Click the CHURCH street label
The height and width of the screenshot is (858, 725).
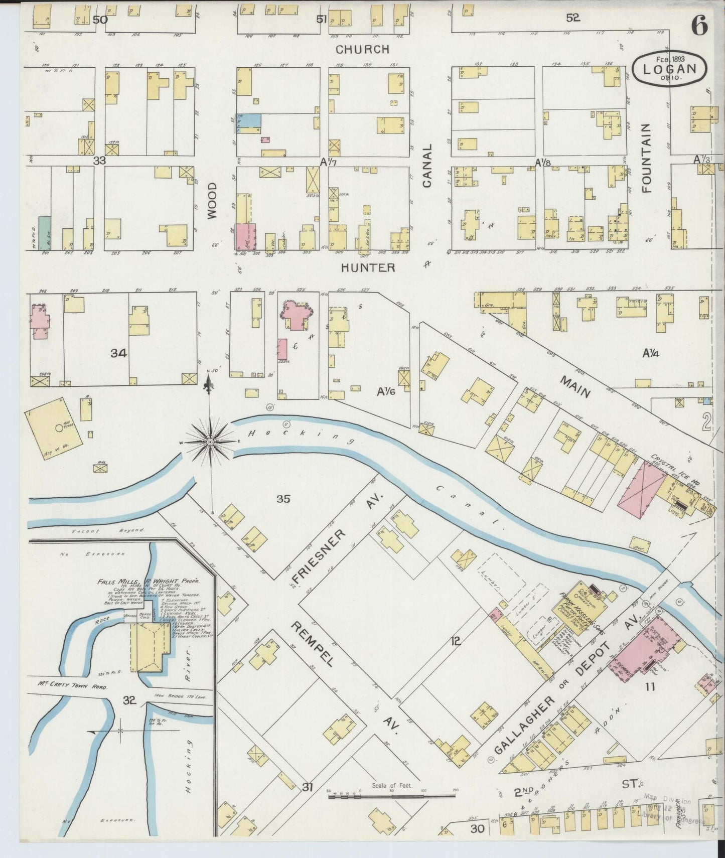[x=362, y=49]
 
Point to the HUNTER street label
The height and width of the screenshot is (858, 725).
[x=368, y=268]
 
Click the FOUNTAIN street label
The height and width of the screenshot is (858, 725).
[x=646, y=158]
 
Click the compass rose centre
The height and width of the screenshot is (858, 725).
[x=210, y=442]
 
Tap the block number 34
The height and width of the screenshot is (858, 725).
[x=119, y=353]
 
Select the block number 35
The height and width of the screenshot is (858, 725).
[x=283, y=498]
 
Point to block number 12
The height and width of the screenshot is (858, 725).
[x=455, y=641]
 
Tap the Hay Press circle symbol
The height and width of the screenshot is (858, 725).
[x=59, y=428]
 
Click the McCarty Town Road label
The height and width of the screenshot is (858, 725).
[x=73, y=685]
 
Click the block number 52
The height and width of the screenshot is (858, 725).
[x=572, y=18]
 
